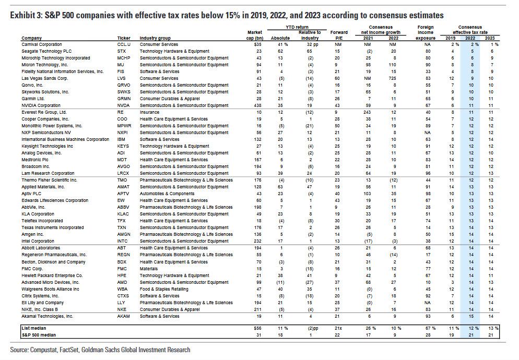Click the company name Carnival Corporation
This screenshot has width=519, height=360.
pyautogui.click(x=41, y=45)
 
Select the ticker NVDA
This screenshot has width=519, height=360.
pyautogui.click(x=123, y=105)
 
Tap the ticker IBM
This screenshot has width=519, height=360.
pyautogui.click(x=122, y=139)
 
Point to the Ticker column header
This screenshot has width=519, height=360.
pyautogui.click(x=124, y=39)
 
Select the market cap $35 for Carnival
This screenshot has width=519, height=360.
pyautogui.click(x=257, y=45)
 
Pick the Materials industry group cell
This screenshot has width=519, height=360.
pyautogui.click(x=149, y=268)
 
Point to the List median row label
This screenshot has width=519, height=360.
pyautogui.click(x=33, y=327)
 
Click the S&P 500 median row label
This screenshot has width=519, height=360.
pyautogui.click(x=38, y=334)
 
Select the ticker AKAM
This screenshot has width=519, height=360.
pyautogui.click(x=124, y=316)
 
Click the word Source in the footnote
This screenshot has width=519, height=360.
pyautogui.click(x=20, y=350)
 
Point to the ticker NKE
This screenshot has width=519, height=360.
pyautogui.click(x=122, y=309)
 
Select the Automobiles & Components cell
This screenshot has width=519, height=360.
pyautogui.click(x=166, y=193)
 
